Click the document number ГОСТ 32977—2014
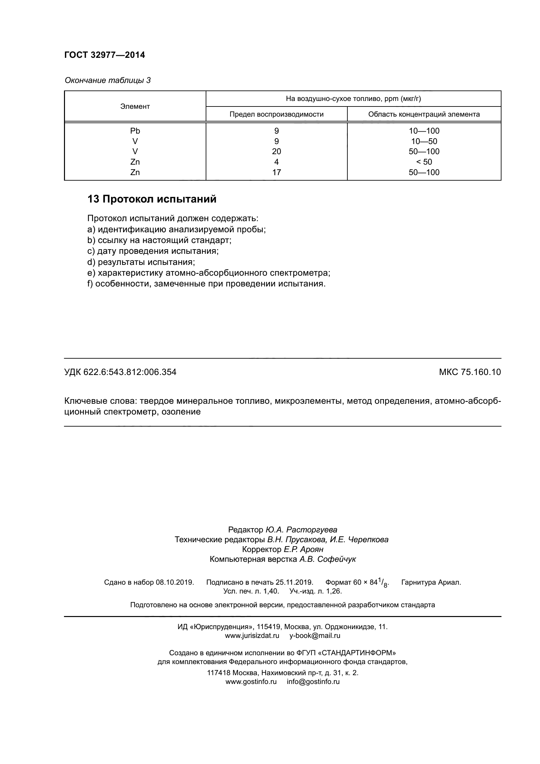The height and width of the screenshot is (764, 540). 105,55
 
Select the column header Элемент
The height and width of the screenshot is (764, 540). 135,106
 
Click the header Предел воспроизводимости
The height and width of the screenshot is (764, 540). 276,114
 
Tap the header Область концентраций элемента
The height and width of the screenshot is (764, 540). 424,114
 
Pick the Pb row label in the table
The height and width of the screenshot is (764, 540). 135,131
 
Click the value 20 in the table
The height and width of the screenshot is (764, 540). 276,152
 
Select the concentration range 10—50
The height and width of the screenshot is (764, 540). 424,141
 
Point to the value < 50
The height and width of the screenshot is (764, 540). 424,162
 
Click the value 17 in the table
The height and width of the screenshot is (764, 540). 276,172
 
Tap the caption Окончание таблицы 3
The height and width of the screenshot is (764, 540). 107,80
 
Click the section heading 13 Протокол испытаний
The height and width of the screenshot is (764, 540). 152,199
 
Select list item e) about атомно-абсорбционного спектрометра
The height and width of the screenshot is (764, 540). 209,273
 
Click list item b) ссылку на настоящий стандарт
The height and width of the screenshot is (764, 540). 159,240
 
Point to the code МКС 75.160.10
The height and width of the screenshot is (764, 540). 469,372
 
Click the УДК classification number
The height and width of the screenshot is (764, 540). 120,372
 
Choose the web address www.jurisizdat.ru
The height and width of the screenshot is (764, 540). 252,636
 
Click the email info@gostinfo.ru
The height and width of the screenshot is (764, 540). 313,681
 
